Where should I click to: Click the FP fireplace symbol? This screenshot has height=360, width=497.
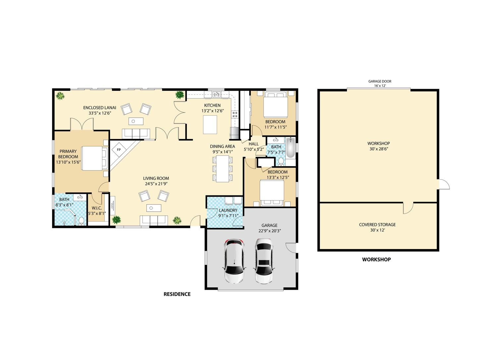pyautogui.click(x=119, y=150)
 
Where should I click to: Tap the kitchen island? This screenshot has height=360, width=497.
pyautogui.click(x=210, y=125)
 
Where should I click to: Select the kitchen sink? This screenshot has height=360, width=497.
pyautogui.click(x=216, y=94)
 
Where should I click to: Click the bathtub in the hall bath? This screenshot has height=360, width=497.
pyautogui.click(x=291, y=147)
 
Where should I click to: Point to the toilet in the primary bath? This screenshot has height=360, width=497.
pyautogui.click(x=82, y=221)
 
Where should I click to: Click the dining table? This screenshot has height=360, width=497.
pyautogui.click(x=223, y=169)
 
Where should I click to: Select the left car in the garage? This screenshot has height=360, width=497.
pyautogui.click(x=234, y=261)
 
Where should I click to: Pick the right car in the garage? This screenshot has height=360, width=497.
pyautogui.click(x=264, y=261)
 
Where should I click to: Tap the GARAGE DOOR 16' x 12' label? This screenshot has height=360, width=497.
pyautogui.click(x=380, y=83)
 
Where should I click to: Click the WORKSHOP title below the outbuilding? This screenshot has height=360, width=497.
pyautogui.click(x=376, y=259)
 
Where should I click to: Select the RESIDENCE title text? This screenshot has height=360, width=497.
pyautogui.click(x=177, y=294)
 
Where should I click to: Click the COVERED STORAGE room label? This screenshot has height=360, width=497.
pyautogui.click(x=377, y=225)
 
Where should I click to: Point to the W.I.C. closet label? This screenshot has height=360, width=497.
pyautogui.click(x=97, y=208)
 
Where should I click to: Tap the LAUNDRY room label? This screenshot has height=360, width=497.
pyautogui.click(x=228, y=210)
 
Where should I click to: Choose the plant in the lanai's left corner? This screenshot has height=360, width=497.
pyautogui.click(x=60, y=96)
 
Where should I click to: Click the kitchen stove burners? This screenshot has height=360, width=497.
pyautogui.click(x=235, y=115)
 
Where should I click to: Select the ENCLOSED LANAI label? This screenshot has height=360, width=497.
pyautogui.click(x=100, y=108)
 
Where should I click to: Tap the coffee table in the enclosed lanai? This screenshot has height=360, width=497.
pyautogui.click(x=136, y=121)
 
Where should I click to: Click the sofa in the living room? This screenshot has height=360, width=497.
pyautogui.click(x=153, y=220)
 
